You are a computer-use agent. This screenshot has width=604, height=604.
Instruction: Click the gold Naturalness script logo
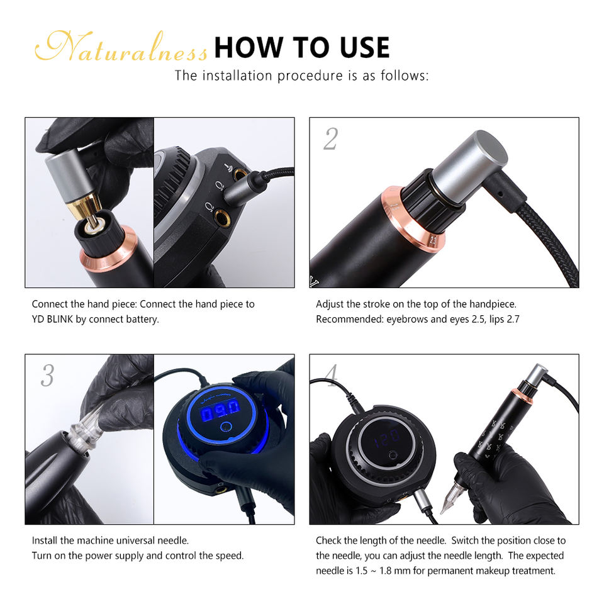coord(121,47)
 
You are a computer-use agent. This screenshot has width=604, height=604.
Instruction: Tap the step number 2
coord(330,138)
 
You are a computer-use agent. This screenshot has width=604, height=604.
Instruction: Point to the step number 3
coord(47,375)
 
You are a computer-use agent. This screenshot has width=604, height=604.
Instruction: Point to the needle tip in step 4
coord(442,512)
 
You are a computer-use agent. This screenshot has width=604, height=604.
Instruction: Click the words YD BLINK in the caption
coord(52,320)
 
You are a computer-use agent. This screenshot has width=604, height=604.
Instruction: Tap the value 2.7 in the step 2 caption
coord(513,320)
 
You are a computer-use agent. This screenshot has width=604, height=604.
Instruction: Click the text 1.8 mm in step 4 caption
coord(394,571)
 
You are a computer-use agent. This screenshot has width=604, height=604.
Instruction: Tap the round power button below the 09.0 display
coord(226,427)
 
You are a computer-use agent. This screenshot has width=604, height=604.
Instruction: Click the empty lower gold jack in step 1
coord(221,216)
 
